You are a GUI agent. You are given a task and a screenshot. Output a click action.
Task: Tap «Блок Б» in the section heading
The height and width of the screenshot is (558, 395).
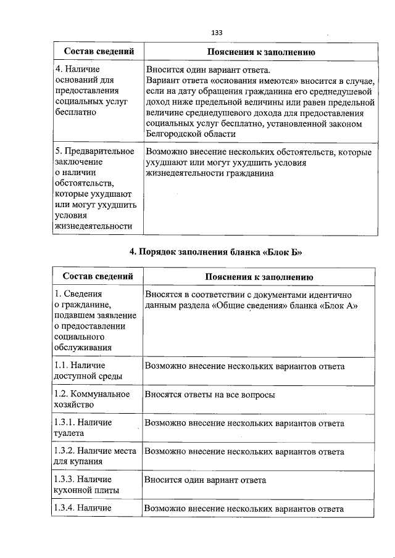(x=283, y=252)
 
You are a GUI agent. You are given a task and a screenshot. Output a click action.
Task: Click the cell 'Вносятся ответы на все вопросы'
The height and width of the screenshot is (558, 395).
(x=210, y=395)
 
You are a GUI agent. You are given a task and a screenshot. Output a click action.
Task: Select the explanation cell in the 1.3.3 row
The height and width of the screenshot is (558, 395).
(x=205, y=480)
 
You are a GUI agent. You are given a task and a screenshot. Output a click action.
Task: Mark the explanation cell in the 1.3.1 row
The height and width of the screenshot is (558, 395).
(x=244, y=423)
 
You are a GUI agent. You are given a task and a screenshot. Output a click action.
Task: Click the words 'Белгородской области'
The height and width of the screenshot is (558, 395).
(x=191, y=134)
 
